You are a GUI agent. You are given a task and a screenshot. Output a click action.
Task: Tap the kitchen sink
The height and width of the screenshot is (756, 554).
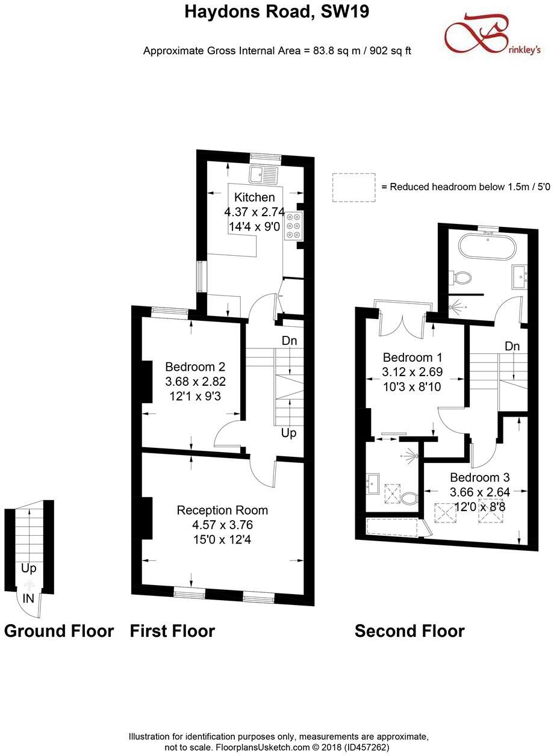263,175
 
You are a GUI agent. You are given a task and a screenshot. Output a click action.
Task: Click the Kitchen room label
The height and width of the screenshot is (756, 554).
254,197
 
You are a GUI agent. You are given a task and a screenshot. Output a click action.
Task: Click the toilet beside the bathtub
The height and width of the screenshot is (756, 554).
462,278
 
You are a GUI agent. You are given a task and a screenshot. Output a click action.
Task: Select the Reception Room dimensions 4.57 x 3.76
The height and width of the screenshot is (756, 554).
222,525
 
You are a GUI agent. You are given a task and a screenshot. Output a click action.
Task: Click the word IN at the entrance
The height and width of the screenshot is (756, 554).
28,599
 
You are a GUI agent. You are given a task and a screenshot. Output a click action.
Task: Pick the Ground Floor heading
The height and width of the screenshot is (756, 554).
58,631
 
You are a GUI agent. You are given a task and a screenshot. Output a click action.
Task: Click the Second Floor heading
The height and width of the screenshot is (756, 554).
409,631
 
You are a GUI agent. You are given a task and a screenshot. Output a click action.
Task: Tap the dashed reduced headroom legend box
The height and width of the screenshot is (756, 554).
353,187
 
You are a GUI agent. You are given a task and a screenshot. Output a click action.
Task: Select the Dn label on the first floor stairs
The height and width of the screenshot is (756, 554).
289,341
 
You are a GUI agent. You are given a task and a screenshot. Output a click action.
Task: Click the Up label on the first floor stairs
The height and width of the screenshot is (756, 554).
288,433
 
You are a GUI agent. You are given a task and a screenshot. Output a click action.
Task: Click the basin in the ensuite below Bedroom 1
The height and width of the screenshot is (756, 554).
372,482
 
